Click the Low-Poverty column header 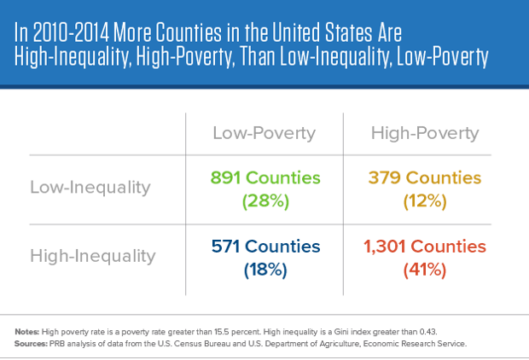pos(264,133)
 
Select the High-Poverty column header pos(424,133)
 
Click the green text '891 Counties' pos(264,178)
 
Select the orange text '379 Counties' pos(424,178)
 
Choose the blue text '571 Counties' pos(264,247)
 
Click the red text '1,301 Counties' pos(424,247)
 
